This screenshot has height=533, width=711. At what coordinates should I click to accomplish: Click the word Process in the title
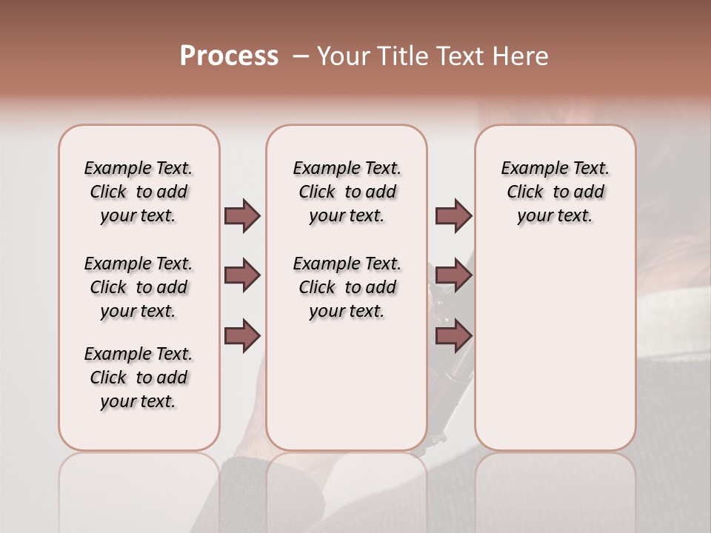pos(229,56)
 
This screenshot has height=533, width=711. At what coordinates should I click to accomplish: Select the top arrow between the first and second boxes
pos(242,215)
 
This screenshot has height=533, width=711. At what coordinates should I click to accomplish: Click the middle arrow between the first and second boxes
pos(242,275)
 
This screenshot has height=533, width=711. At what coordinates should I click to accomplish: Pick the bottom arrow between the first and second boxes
pos(242,336)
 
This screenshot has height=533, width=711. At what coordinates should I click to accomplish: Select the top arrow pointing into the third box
pos(453,215)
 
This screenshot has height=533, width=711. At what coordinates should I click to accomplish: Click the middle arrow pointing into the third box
pos(453,275)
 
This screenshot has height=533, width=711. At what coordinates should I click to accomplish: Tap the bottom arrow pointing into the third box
pos(453,336)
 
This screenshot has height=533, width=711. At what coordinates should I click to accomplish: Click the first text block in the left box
pos(138,192)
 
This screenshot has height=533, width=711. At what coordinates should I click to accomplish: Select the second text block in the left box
pos(138,287)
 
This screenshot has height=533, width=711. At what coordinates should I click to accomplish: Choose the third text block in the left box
pos(138,378)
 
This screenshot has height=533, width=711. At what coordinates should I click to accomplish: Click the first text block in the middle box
pos(347,192)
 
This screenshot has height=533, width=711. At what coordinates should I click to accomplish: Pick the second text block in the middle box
pos(347,287)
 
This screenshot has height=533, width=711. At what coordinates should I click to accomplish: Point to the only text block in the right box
pos(555,192)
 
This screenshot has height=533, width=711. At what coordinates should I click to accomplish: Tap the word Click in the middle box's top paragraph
pos(317,192)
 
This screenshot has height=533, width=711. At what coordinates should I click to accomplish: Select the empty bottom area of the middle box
pos(347,392)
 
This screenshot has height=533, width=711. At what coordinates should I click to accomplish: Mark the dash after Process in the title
pos(300,56)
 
